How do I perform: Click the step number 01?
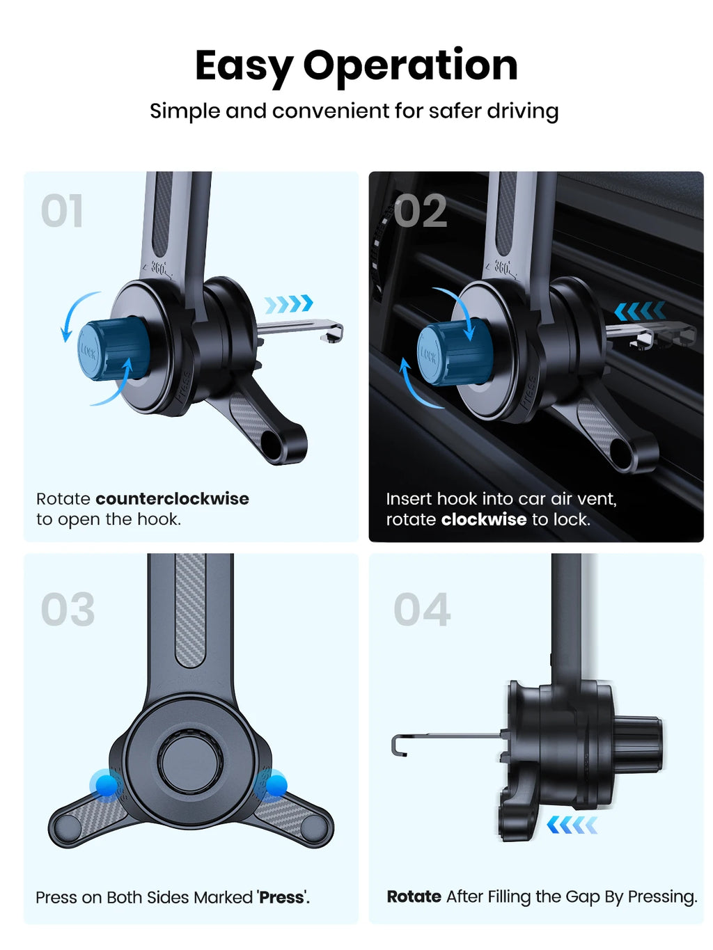[61, 210]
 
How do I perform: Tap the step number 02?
[420, 210]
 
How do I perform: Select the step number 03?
[68, 610]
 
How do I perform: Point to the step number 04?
[422, 610]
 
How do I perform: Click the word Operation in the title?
[410, 66]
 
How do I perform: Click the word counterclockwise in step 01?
[172, 498]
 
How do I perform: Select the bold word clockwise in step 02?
[483, 519]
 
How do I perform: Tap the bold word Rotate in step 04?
[414, 896]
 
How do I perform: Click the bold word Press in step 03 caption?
[281, 897]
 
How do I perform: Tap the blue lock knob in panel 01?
[113, 349]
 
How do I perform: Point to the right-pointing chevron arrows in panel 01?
[289, 304]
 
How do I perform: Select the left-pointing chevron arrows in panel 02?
[640, 311]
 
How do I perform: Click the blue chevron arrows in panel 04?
[572, 825]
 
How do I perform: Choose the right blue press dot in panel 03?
[276, 784]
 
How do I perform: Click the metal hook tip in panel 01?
[331, 333]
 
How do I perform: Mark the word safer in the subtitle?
[455, 111]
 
